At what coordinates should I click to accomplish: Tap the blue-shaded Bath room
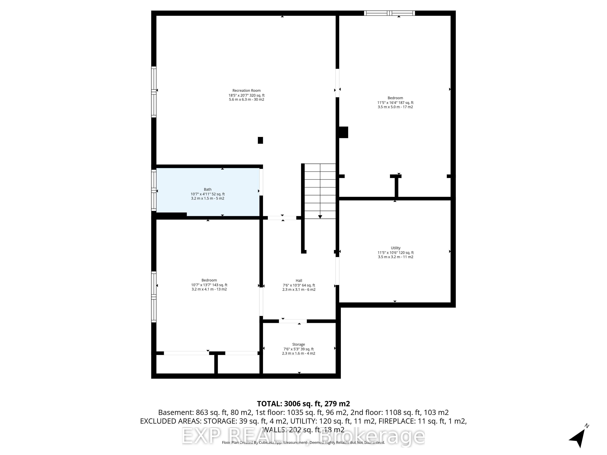pyautogui.click(x=208, y=192)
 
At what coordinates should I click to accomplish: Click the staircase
pyautogui.click(x=320, y=191)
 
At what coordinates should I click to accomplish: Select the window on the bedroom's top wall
pyautogui.click(x=389, y=13)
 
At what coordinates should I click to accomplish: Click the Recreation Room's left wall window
pyautogui.click(x=154, y=92)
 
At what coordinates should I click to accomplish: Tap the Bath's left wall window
pyautogui.click(x=154, y=190)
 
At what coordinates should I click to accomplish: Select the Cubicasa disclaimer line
pyautogui.click(x=303, y=442)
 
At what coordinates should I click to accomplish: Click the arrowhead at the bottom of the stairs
pyautogui.click(x=320, y=217)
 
